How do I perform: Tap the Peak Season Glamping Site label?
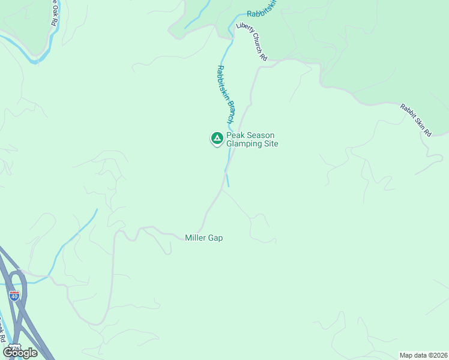click(252, 139)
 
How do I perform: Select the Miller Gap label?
click(204, 238)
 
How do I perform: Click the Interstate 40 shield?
click(14, 295)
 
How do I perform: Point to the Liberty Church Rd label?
click(252, 42)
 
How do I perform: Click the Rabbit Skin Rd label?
click(416, 120)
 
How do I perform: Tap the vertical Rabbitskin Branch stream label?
click(226, 94)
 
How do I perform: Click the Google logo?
click(20, 352)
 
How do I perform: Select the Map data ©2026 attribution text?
click(423, 355)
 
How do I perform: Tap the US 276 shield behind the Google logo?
click(14, 348)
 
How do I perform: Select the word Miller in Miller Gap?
click(196, 238)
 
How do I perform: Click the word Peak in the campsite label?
click(236, 136)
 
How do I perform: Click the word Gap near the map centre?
click(215, 238)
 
